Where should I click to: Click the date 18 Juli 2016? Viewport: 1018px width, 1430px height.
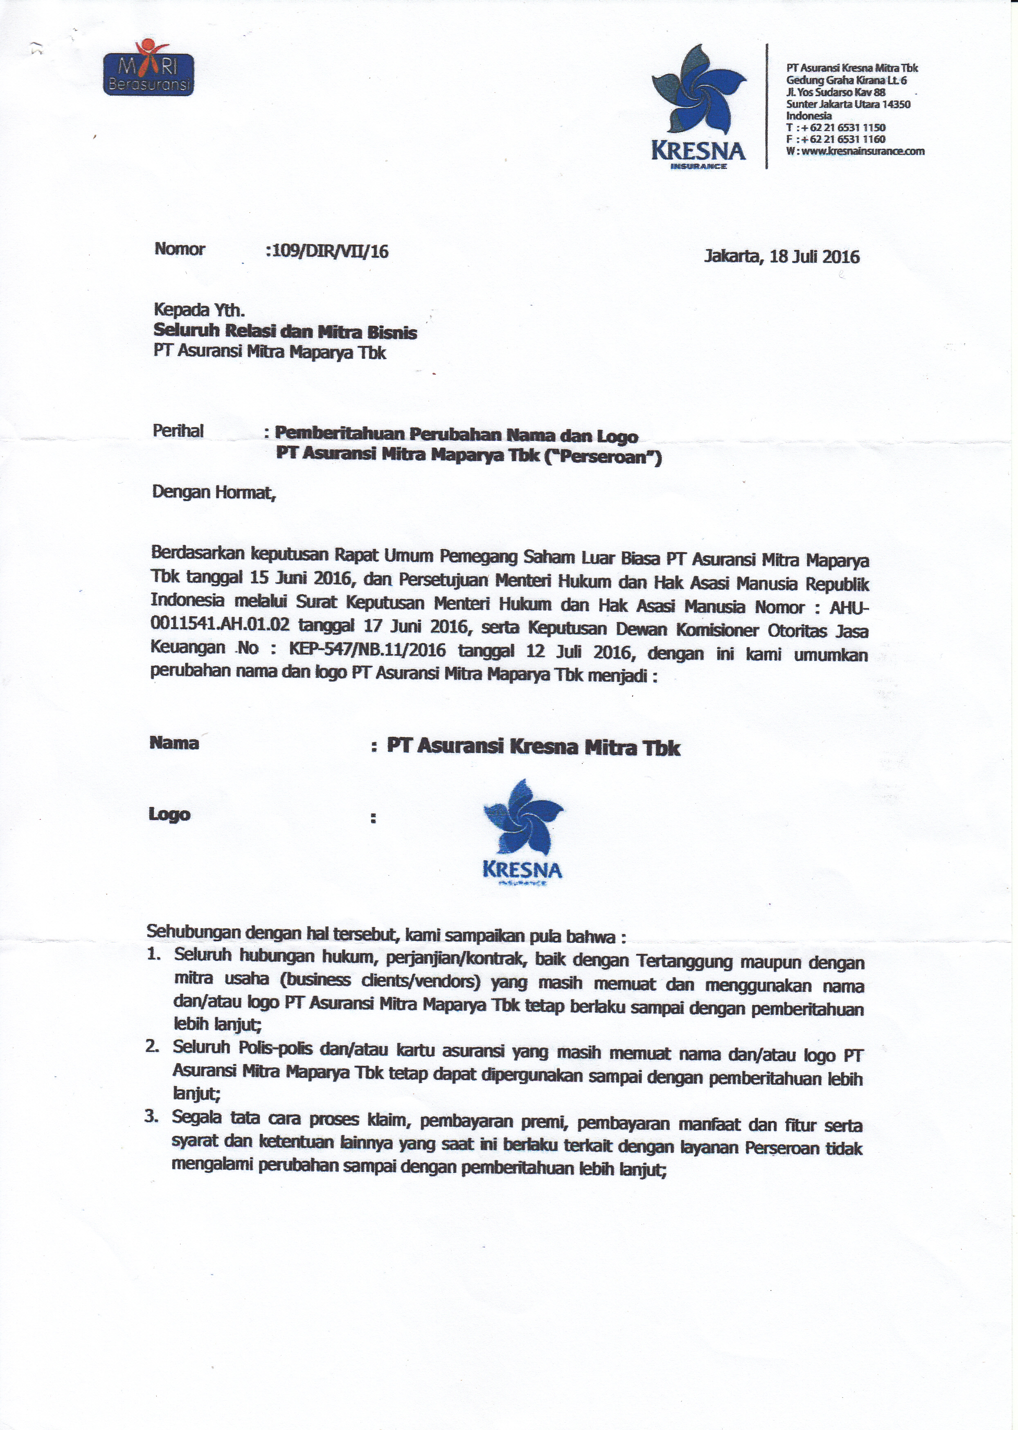pos(814,257)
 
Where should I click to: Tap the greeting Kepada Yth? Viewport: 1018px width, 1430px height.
pos(199,310)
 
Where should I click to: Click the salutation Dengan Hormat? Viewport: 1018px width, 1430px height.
pos(213,492)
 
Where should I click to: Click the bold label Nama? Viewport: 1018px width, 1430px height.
pos(174,743)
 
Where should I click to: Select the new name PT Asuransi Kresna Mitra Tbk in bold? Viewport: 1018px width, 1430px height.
pos(533,747)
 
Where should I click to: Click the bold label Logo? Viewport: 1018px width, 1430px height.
pos(169,814)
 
